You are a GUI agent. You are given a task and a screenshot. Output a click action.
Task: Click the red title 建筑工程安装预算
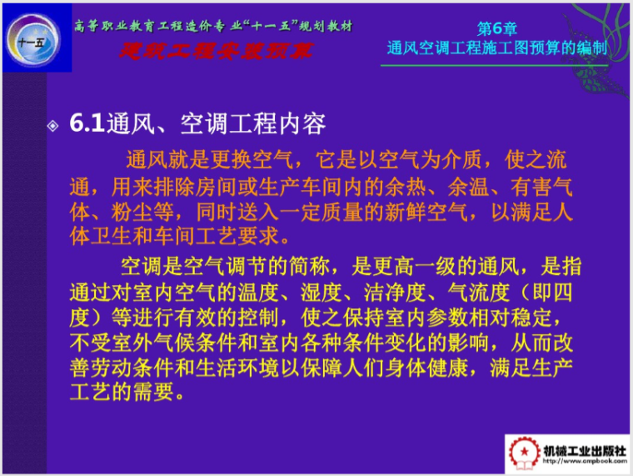click(215, 50)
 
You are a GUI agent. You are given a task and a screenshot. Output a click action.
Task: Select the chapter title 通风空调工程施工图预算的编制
click(496, 48)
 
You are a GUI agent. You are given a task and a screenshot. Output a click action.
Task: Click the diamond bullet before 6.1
click(53, 126)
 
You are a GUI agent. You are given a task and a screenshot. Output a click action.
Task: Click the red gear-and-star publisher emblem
click(526, 454)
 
